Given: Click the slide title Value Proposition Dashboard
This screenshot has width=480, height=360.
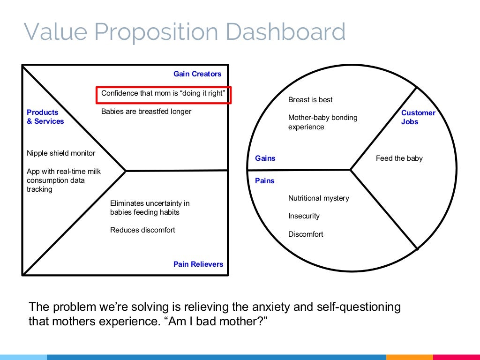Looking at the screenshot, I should [x=185, y=32].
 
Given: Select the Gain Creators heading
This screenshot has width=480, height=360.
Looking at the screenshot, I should [x=197, y=74].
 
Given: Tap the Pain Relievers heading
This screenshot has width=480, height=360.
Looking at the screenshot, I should [x=198, y=264].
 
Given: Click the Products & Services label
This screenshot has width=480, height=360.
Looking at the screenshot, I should [x=45, y=117].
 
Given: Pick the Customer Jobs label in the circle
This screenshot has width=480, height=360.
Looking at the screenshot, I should [x=418, y=117].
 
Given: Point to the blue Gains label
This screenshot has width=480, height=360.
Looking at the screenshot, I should [x=265, y=158].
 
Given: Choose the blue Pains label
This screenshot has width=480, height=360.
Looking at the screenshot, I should [x=265, y=181].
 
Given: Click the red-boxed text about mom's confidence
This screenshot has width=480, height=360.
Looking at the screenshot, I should [x=163, y=93].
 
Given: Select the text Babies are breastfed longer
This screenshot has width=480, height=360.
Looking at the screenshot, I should [x=146, y=112].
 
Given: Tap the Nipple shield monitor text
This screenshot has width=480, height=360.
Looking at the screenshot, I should [x=61, y=153].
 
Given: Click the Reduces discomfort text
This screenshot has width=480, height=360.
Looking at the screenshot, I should [x=142, y=230].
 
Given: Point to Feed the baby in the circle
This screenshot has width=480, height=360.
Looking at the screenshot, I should [x=399, y=158].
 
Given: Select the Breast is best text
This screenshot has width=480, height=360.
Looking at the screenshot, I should [x=310, y=100].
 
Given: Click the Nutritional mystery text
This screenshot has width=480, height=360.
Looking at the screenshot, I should [x=319, y=198].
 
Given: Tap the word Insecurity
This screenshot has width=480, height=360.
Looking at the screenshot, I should [x=304, y=216].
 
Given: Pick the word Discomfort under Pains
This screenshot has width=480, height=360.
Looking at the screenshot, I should [x=306, y=234].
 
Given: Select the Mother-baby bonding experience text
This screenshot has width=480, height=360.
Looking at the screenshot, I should [x=322, y=122].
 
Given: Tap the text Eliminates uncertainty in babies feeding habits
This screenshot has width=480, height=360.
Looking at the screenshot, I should [x=150, y=208].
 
